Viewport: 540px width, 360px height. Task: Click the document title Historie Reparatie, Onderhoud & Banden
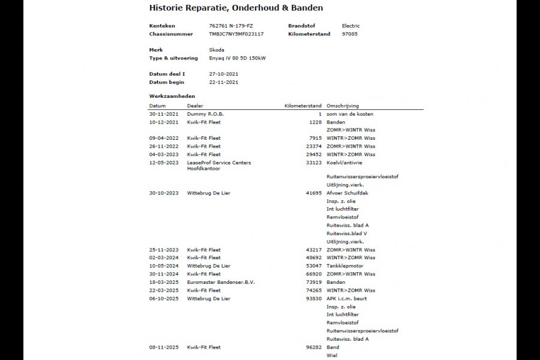236,8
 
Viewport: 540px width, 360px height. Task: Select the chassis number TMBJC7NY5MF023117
236,34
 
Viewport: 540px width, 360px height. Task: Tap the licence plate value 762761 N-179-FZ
230,26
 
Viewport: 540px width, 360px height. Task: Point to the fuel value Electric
351,26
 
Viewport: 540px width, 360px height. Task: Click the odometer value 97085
350,34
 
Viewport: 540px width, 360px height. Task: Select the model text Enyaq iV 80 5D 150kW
237,58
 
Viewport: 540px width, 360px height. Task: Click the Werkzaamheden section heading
172,96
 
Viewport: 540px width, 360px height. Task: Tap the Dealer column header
195,106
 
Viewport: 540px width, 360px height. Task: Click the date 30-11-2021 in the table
163,114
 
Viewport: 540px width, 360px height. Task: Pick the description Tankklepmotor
345,266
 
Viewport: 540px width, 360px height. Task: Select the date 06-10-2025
163,298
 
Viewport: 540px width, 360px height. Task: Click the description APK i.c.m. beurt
346,298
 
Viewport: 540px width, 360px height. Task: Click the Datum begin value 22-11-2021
223,82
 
